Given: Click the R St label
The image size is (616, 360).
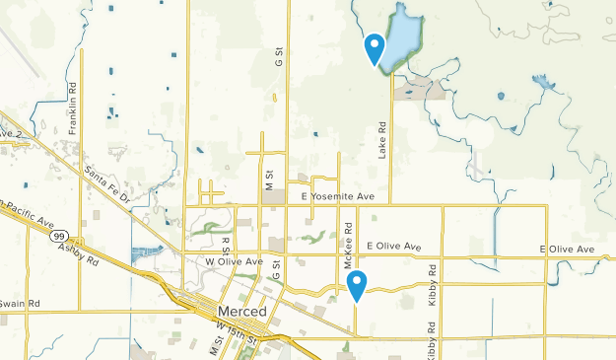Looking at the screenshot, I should (226, 244).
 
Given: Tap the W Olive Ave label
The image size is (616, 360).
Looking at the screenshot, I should (234, 261).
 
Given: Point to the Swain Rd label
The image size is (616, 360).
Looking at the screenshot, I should (19, 303).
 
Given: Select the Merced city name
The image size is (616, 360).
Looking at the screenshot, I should (240, 312).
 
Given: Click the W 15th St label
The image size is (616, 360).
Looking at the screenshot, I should (236, 332).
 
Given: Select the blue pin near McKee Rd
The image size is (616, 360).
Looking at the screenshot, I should (358, 284).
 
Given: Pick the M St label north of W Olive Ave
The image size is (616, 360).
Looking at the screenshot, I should (267, 179).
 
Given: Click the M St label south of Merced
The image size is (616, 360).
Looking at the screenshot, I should (213, 346).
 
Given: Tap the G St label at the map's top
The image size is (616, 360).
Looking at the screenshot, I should (279, 57).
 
